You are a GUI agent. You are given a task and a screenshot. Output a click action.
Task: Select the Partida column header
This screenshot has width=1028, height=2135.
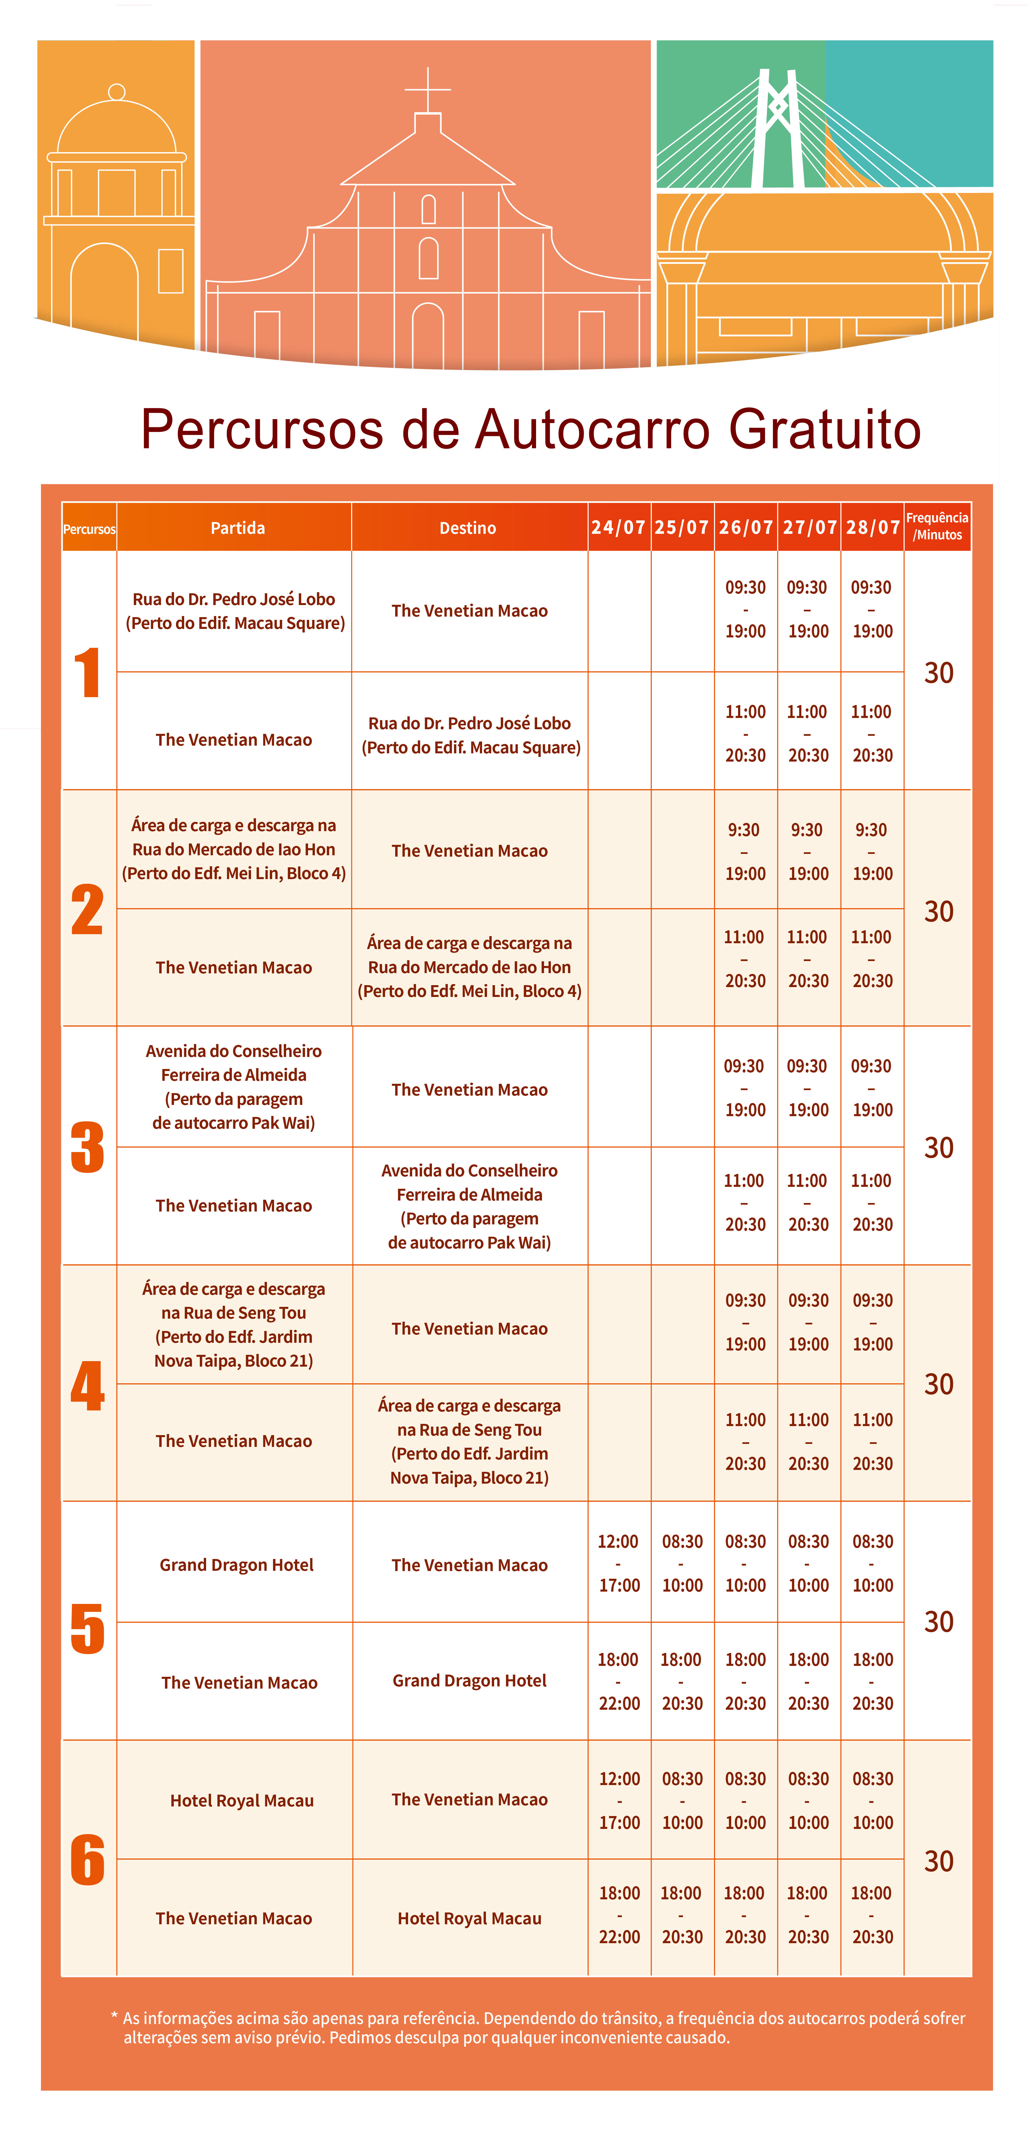(237, 528)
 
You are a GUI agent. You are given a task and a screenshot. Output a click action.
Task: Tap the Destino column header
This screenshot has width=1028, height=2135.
(468, 528)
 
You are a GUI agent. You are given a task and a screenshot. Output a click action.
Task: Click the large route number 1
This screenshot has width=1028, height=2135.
(87, 672)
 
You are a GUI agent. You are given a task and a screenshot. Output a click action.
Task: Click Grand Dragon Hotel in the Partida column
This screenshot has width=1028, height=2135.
(236, 1565)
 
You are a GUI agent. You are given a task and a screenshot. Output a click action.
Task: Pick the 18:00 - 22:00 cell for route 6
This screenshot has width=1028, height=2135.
(619, 1914)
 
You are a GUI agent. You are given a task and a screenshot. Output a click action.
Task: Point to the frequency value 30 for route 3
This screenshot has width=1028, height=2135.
(938, 1148)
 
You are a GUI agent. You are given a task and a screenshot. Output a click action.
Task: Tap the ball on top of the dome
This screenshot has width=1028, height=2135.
(117, 92)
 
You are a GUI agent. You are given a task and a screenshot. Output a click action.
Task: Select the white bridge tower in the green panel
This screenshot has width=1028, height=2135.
(778, 129)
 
